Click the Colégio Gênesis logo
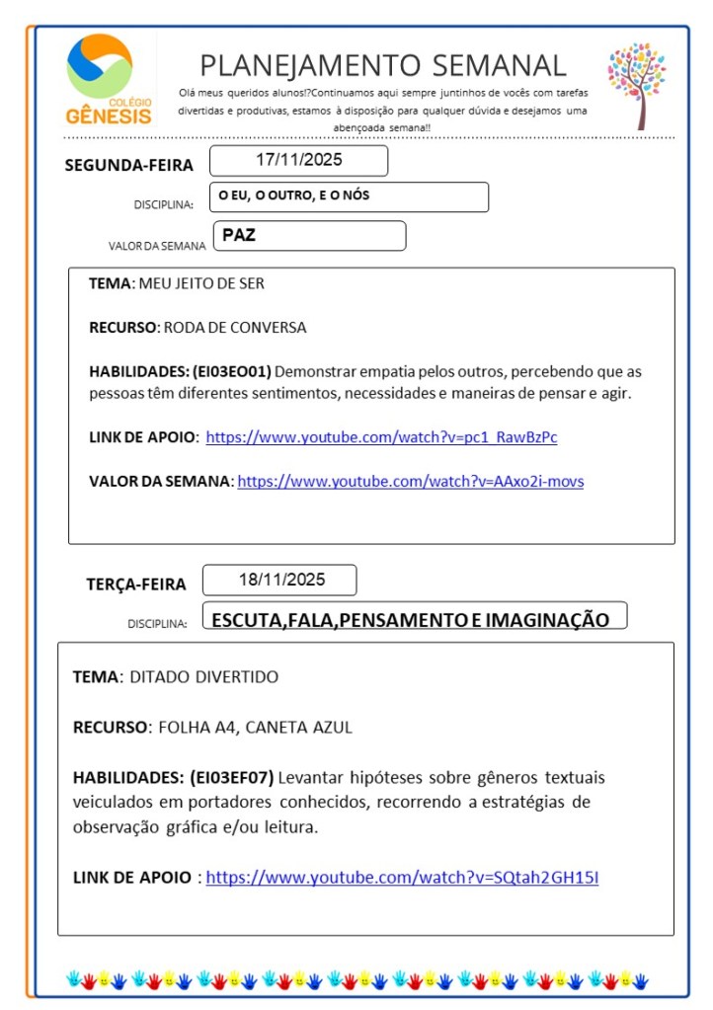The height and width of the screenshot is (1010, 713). [x=110, y=80]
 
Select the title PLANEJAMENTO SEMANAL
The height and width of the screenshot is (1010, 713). [x=383, y=65]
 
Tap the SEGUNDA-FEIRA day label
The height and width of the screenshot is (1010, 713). [x=128, y=165]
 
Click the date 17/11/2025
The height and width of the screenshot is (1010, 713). [x=298, y=160]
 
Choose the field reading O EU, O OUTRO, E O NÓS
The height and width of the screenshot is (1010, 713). [x=294, y=195]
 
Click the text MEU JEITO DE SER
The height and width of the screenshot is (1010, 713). [x=201, y=283]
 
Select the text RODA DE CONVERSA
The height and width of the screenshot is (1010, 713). [x=235, y=327]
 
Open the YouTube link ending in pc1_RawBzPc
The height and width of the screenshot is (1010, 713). [x=381, y=437]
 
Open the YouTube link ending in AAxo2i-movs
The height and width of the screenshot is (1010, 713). [x=410, y=482]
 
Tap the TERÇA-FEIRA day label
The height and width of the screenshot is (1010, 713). [x=135, y=583]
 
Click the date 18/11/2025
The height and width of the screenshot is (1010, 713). [x=281, y=580]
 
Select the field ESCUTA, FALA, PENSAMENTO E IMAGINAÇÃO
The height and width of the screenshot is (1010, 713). [x=410, y=620]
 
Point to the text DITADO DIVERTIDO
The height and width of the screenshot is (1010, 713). [x=204, y=677]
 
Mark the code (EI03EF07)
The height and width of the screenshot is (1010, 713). [x=231, y=777]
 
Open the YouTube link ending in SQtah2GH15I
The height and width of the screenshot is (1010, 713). [x=402, y=877]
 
